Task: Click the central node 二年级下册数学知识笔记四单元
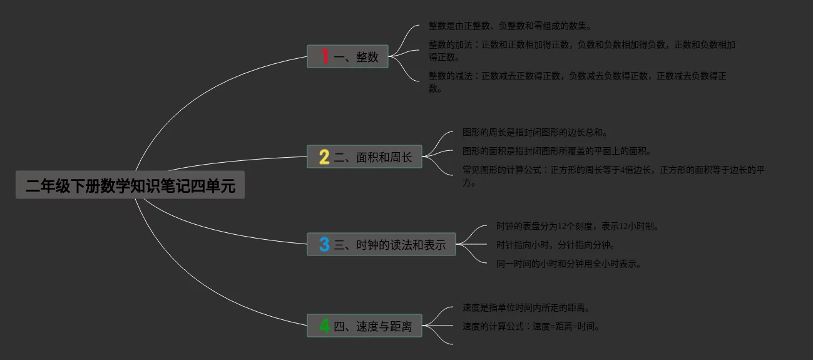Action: [x=130, y=186]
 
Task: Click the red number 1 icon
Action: [x=324, y=56]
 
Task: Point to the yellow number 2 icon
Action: [x=324, y=157]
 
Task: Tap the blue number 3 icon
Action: [x=324, y=244]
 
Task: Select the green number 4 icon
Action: [x=324, y=326]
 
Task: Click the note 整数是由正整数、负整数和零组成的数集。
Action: [x=509, y=26]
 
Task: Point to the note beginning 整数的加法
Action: [x=581, y=51]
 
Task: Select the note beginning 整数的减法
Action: [x=577, y=82]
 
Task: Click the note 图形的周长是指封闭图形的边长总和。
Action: [x=535, y=133]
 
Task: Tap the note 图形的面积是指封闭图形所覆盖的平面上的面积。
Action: [x=556, y=152]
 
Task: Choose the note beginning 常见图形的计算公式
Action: [x=613, y=177]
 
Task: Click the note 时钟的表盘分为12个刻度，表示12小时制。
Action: [x=578, y=226]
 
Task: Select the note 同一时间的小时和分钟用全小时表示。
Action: [x=568, y=264]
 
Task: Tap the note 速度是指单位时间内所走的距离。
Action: [x=526, y=308]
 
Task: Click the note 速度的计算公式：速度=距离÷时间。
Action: [x=531, y=326]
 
